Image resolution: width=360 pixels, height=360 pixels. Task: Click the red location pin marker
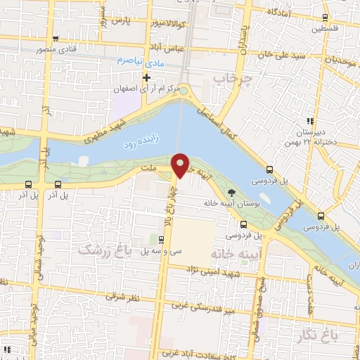coord(181,165)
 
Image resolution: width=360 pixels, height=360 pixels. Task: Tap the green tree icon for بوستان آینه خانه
coord(232,192)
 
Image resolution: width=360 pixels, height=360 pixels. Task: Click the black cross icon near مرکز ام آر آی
coord(146,77)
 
